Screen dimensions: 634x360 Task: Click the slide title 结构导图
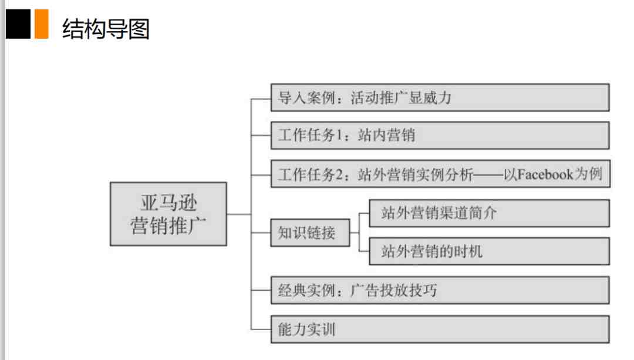tap(106, 29)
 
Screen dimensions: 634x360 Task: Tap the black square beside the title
tap(18, 24)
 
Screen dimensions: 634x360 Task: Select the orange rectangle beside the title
tap(41, 24)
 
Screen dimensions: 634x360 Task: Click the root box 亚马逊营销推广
tap(168, 214)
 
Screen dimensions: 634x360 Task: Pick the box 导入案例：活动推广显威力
tap(440, 97)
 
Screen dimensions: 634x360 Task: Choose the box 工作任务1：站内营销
tap(440, 135)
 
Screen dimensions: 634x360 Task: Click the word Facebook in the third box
tap(545, 174)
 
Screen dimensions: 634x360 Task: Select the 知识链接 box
tap(310, 233)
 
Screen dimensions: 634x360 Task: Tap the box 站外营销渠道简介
tap(489, 213)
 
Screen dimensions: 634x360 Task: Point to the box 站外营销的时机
tap(489, 251)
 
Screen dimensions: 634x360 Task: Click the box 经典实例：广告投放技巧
tap(440, 291)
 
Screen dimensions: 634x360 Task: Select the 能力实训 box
tap(440, 329)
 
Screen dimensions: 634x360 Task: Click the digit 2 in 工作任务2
tap(340, 175)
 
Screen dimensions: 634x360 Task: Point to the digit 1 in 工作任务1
tap(339, 135)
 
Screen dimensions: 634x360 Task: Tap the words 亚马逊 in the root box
tap(168, 203)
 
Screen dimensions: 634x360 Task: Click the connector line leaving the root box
tap(239, 214)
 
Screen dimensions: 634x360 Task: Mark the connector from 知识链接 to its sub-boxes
tap(359, 233)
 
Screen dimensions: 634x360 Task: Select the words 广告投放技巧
tap(394, 291)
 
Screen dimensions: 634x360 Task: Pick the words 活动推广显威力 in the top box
tap(401, 97)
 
